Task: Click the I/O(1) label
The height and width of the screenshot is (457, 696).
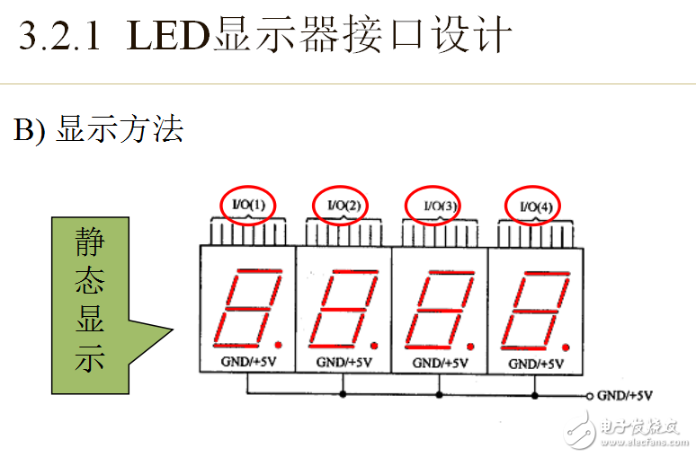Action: pyautogui.click(x=248, y=205)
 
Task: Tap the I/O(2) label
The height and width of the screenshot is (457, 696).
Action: pyautogui.click(x=344, y=206)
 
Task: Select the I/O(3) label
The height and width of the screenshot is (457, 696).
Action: pyautogui.click(x=440, y=206)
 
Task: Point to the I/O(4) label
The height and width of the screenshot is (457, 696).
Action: pyautogui.click(x=536, y=207)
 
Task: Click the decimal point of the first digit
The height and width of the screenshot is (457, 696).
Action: pyautogui.click(x=279, y=345)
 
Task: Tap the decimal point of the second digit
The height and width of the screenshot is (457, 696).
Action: pyautogui.click(x=374, y=346)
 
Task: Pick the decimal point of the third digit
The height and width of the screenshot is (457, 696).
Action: pyautogui.click(x=470, y=347)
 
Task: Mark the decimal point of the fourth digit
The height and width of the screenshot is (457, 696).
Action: pyautogui.click(x=566, y=347)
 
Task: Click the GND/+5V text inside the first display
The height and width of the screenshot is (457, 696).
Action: pyautogui.click(x=248, y=362)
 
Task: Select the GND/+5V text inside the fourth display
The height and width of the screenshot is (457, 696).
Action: pyautogui.click(x=536, y=364)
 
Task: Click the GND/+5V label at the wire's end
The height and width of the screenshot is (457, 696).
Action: pyautogui.click(x=625, y=395)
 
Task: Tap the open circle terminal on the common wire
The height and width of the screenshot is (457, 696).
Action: pyautogui.click(x=589, y=396)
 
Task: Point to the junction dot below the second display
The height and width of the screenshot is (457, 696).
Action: pyautogui.click(x=343, y=393)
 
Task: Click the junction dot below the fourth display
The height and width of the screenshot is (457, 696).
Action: pyautogui.click(x=535, y=395)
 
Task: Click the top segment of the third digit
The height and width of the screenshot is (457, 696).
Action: pyautogui.click(x=452, y=273)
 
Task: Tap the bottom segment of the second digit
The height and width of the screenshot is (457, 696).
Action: pyautogui.click(x=332, y=346)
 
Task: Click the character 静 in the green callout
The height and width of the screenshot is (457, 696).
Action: pyautogui.click(x=90, y=242)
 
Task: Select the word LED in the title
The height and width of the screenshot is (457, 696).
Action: pyautogui.click(x=168, y=35)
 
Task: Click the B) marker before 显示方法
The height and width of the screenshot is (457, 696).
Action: pyautogui.click(x=30, y=129)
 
